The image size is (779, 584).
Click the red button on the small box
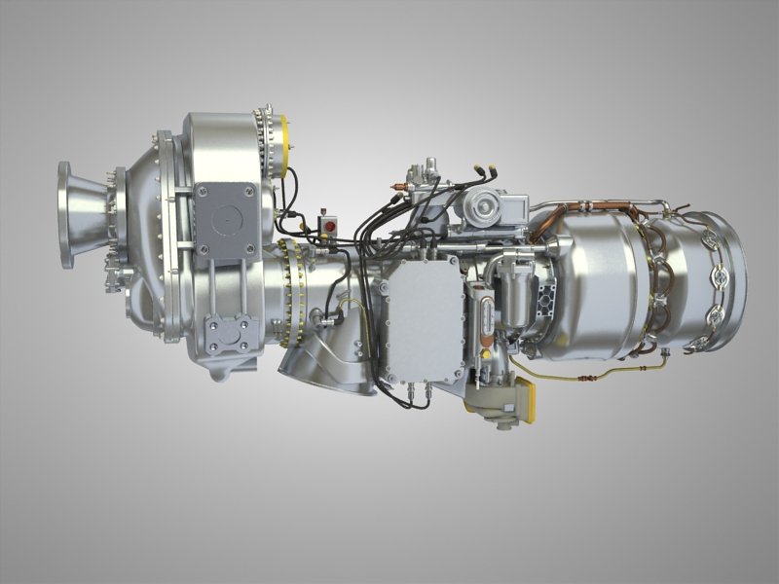pyautogui.click(x=328, y=227)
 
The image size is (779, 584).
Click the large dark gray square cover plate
pyautogui.click(x=224, y=221)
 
